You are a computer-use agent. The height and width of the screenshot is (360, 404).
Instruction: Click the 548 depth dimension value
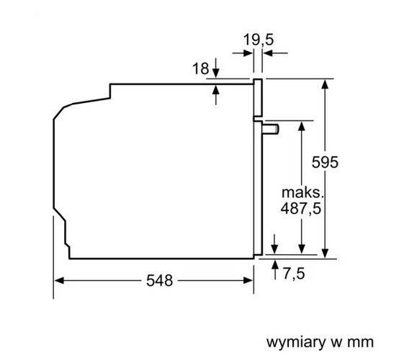pyautogui.click(x=159, y=281)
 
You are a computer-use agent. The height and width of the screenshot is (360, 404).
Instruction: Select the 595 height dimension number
pyautogui.click(x=325, y=163)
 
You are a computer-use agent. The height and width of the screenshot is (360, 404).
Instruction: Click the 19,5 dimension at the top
pyautogui.click(x=258, y=40)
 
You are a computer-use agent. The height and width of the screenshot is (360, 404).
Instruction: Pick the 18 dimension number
pyautogui.click(x=201, y=69)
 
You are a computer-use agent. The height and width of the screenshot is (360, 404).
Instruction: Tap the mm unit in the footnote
pyautogui.click(x=362, y=340)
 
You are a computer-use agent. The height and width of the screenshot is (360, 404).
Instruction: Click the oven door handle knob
pyautogui.click(x=271, y=128)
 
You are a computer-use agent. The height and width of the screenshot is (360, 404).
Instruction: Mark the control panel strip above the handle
pyautogui.click(x=256, y=97)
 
